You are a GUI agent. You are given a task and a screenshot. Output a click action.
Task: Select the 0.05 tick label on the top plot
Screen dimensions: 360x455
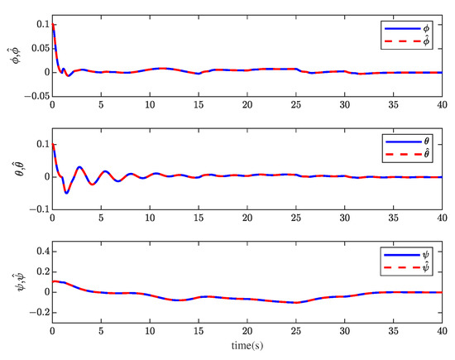[x=36, y=49]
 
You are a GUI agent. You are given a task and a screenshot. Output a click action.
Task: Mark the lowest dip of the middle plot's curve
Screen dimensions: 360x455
[x=67, y=193]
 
